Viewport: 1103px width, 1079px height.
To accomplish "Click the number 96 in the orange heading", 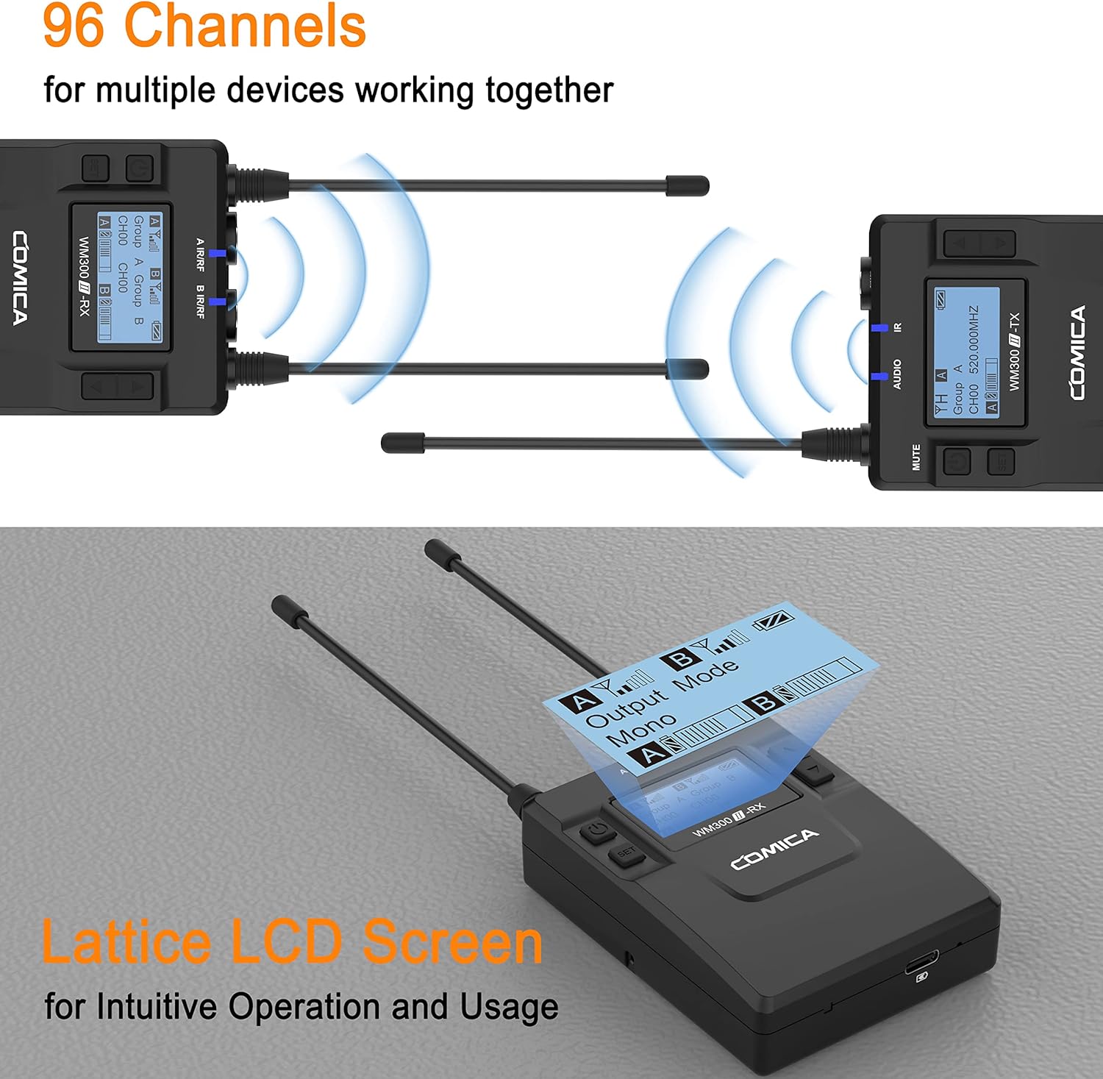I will click(x=74, y=26).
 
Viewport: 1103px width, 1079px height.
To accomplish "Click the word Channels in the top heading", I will click(x=246, y=26).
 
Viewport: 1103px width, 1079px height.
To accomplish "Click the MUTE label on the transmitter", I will click(x=916, y=457).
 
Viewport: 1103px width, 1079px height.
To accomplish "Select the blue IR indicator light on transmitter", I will click(x=879, y=327).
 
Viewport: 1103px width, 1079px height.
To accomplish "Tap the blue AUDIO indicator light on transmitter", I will click(x=879, y=376).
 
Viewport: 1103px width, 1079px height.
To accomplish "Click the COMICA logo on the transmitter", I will click(x=1077, y=353).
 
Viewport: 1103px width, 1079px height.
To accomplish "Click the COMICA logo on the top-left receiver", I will click(x=21, y=278).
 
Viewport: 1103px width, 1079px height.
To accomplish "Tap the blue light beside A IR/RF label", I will click(x=217, y=253).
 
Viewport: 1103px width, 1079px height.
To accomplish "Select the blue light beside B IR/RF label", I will click(x=217, y=301).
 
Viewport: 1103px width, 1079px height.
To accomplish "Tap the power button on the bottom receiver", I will click(x=598, y=831).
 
